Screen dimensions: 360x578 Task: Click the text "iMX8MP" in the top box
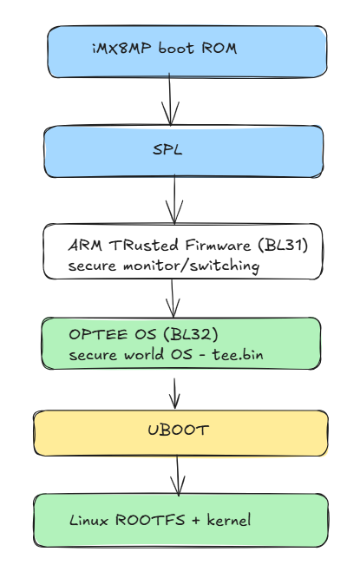121,48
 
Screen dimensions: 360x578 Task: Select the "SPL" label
167,149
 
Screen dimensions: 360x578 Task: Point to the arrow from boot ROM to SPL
170,99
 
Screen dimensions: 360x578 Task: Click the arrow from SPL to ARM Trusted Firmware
174,200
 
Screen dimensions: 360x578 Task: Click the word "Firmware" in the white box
218,245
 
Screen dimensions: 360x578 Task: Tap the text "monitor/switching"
191,266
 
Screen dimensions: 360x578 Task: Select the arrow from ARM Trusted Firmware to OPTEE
173,298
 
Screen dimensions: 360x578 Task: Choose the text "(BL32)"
191,334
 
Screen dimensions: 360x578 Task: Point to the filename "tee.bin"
238,355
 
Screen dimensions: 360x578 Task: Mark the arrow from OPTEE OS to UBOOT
174,393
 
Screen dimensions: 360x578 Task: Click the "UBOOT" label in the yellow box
179,430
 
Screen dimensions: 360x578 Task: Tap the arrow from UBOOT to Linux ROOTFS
178,476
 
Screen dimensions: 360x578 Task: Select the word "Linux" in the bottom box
88,520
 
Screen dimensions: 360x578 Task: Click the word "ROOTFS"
150,520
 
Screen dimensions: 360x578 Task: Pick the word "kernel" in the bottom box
229,520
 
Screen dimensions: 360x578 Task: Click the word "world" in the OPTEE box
144,355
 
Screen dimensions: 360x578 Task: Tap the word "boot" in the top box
176,48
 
